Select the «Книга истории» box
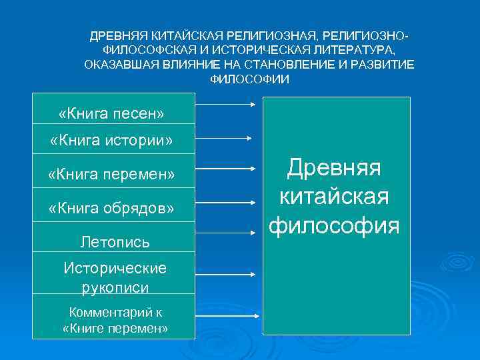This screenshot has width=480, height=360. [112, 141]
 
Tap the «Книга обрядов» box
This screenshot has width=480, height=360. [112, 208]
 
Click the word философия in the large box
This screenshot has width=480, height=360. [334, 225]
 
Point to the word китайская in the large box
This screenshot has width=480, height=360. [334, 197]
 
